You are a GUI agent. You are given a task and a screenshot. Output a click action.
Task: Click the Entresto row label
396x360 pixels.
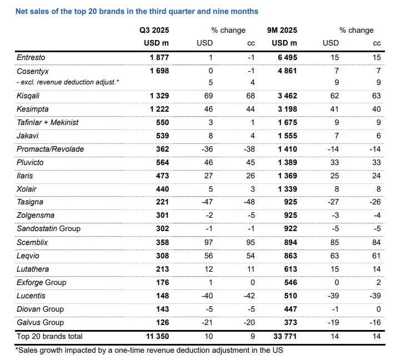[x=31, y=57]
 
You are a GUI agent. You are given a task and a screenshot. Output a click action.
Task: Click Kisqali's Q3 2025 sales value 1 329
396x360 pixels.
[x=159, y=96]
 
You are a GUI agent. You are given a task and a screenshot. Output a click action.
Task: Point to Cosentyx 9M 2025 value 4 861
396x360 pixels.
[x=287, y=71]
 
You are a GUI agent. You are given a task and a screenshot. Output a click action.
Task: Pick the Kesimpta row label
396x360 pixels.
[x=33, y=109]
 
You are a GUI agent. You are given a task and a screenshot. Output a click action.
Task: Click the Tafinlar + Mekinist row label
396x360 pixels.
[x=47, y=123]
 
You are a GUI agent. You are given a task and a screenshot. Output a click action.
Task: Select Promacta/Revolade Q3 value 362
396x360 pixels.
[x=162, y=149]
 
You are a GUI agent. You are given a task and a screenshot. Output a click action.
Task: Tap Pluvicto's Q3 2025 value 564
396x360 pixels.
[x=162, y=162]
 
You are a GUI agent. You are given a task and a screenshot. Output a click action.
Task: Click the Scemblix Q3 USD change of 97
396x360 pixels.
[x=209, y=242]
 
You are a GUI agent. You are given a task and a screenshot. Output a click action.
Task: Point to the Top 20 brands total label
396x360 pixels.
[x=49, y=336]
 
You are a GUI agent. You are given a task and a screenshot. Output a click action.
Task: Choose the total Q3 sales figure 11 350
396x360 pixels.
[x=158, y=336]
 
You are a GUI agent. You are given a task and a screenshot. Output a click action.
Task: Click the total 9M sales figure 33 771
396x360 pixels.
[x=285, y=336]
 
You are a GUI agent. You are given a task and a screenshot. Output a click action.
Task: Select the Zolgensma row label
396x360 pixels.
[x=36, y=215]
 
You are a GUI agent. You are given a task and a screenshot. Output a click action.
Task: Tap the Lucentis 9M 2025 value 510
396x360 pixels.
[x=290, y=296]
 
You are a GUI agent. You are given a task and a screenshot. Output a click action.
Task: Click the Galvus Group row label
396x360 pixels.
[x=40, y=323]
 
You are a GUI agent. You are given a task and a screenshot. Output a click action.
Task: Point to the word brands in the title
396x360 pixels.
[x=110, y=11]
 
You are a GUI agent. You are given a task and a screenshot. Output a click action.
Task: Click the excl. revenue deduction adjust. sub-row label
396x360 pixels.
[x=68, y=82]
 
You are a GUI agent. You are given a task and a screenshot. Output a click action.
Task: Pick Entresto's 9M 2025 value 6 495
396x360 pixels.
[x=287, y=57]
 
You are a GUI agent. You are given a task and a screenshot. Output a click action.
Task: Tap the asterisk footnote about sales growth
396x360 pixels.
[x=149, y=350]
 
